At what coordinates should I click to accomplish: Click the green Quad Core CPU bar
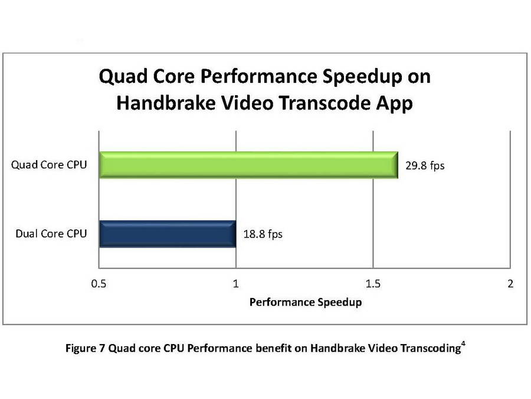click(248, 165)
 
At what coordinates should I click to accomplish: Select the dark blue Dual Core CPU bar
click(168, 233)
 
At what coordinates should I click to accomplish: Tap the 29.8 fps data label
click(425, 166)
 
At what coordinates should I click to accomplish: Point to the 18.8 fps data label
click(263, 234)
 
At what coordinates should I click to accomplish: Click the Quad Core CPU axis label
click(50, 165)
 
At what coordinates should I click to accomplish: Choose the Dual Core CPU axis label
click(51, 233)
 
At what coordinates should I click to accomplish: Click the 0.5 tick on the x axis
click(99, 284)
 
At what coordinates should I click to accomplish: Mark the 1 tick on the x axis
click(236, 284)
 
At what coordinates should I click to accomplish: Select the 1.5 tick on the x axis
click(373, 284)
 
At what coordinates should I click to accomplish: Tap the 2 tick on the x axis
click(510, 284)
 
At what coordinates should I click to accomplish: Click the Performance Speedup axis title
click(305, 302)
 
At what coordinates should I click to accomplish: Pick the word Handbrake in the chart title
click(160, 103)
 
